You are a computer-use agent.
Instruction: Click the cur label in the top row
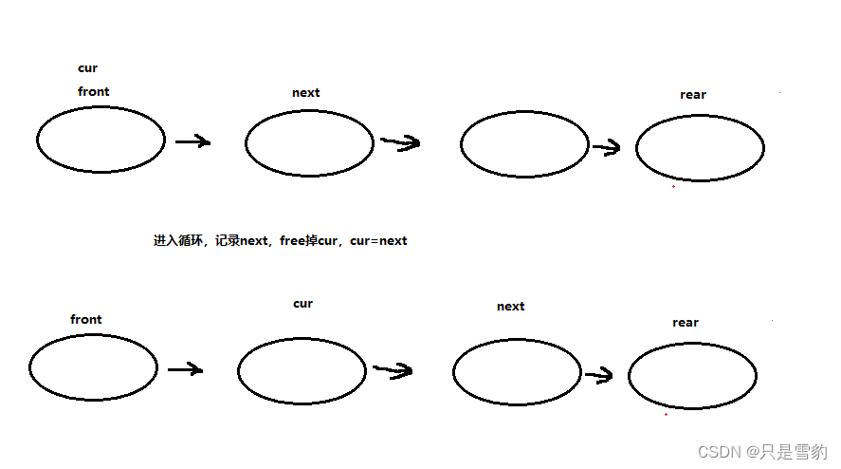87,68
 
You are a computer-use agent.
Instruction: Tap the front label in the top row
93,91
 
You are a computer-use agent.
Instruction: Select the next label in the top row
305,93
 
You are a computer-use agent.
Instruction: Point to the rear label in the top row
693,94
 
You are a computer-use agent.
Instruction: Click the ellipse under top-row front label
101,140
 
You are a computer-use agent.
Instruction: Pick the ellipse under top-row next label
309,143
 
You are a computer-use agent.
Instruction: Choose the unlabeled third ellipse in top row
524,144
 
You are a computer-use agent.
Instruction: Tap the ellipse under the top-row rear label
700,148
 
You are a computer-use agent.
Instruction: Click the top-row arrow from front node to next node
192,141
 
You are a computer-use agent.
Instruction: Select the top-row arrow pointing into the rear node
606,146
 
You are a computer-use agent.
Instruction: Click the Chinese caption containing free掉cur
280,241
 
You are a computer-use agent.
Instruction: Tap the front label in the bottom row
85,319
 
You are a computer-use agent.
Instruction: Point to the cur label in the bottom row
302,304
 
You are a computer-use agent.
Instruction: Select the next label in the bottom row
510,307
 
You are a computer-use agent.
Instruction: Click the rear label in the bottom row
686,323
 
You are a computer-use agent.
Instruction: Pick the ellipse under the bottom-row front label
93,367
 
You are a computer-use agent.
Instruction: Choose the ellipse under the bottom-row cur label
302,371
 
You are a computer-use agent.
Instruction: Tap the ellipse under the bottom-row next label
517,372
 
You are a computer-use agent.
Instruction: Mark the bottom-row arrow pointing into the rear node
598,376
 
